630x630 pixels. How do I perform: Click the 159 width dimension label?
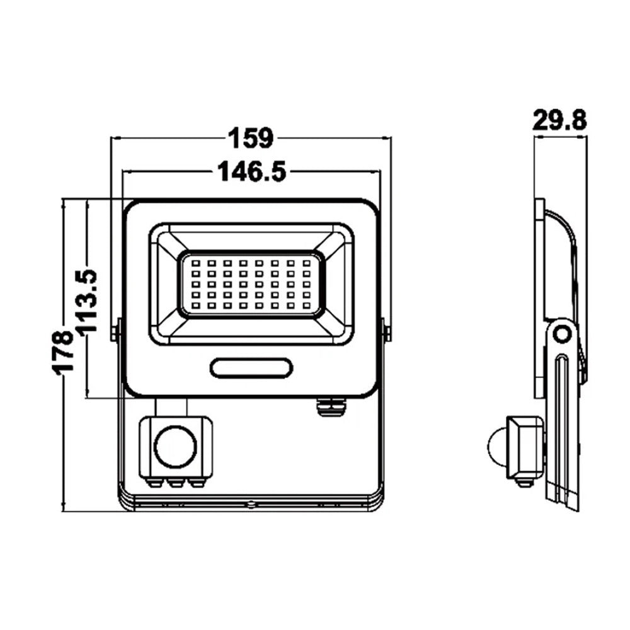click(x=251, y=138)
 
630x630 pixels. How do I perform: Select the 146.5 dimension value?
click(x=252, y=171)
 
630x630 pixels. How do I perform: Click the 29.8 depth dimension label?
click(x=559, y=120)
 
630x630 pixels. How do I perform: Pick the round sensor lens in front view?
click(x=176, y=447)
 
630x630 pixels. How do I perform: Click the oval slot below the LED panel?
click(x=251, y=368)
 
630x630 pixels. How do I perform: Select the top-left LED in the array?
click(x=196, y=263)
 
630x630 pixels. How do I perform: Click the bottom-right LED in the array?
click(x=306, y=306)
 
